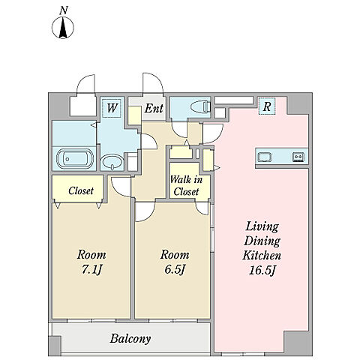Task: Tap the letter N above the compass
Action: (64, 10)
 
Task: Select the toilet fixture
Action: (200, 107)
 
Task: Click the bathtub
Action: (75, 159)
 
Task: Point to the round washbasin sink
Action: (112, 162)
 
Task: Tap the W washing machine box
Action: (112, 108)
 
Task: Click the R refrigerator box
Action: (267, 106)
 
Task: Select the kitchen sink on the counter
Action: (265, 157)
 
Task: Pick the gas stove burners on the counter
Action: (298, 157)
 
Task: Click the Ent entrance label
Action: (154, 108)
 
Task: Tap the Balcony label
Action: (130, 339)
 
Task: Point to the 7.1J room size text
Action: (91, 269)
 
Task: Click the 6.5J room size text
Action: (175, 269)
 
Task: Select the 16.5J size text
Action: (262, 270)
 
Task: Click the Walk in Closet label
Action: (186, 185)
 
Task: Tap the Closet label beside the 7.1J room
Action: (81, 190)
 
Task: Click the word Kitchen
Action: (262, 255)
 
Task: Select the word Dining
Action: (262, 241)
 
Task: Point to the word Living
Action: (262, 226)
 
